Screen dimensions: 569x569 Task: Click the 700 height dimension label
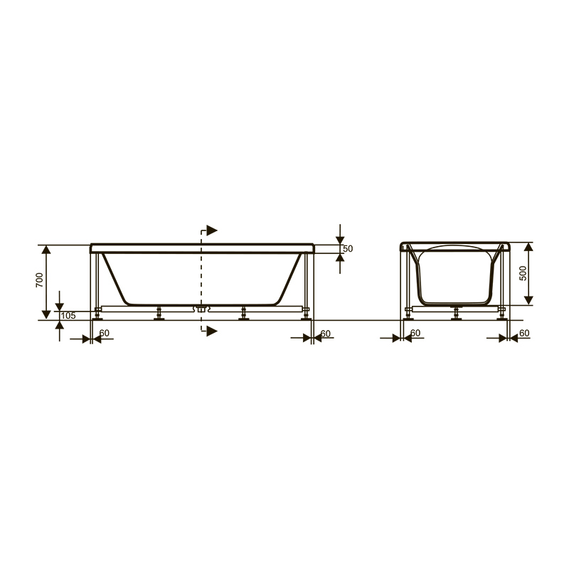coord(40,280)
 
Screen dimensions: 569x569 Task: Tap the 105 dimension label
coord(68,316)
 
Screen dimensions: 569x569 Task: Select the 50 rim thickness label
coord(348,249)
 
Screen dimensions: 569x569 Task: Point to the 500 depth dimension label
coord(523,273)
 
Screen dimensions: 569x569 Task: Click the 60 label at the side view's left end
coord(104,333)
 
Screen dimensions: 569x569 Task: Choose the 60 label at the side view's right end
coord(326,334)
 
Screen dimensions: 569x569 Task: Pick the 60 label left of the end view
coord(415,333)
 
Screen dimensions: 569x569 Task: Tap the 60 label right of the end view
coord(524,333)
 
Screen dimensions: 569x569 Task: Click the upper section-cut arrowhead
coord(212,230)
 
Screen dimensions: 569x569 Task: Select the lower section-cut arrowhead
coord(212,331)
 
